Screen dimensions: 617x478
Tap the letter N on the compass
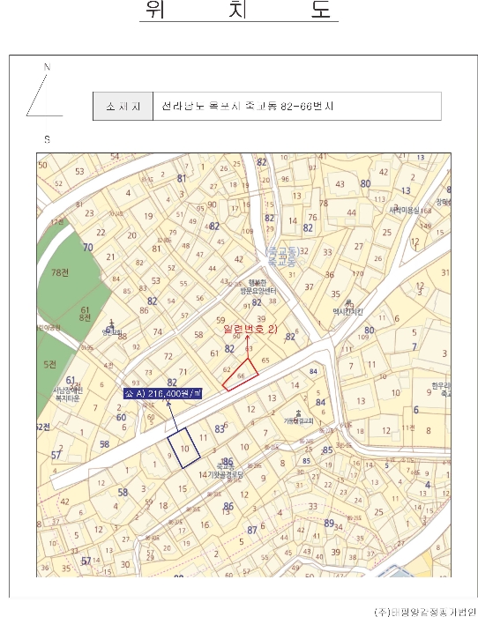point(48,68)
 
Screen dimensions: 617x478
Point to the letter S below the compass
point(47,139)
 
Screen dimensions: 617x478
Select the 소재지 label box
point(123,106)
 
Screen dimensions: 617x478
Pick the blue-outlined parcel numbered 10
point(183,446)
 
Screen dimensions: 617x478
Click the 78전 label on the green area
point(60,273)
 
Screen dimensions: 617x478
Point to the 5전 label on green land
point(49,363)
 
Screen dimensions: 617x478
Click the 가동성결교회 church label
point(304,420)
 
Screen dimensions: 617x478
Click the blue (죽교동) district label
point(281,256)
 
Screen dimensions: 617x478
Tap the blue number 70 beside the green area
point(87,248)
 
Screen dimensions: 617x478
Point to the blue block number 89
point(329,523)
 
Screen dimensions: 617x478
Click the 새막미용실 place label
point(404,210)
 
